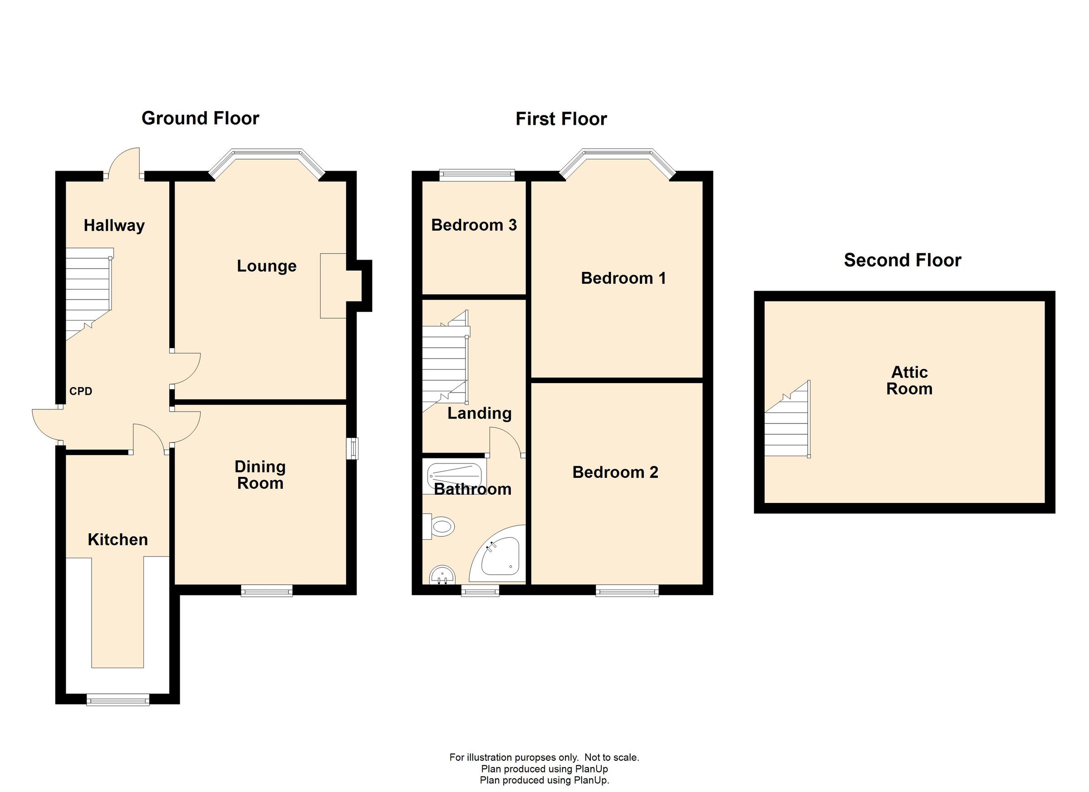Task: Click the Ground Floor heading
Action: (x=200, y=118)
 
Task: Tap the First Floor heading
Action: (x=561, y=119)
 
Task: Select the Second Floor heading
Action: (x=902, y=261)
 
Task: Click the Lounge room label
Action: (x=266, y=266)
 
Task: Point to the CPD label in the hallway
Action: (x=81, y=391)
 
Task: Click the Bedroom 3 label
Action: (x=473, y=225)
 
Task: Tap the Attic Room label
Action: (x=909, y=380)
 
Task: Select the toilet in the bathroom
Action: (x=439, y=526)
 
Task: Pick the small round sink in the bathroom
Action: (x=442, y=575)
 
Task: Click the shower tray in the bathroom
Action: (x=454, y=476)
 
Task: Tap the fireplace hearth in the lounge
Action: (x=333, y=286)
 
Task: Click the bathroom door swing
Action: (x=505, y=443)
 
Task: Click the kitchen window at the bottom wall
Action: (x=118, y=700)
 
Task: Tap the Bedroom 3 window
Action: (x=477, y=175)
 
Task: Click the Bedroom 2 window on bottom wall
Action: (x=627, y=591)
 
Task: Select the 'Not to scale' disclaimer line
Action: (x=544, y=758)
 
